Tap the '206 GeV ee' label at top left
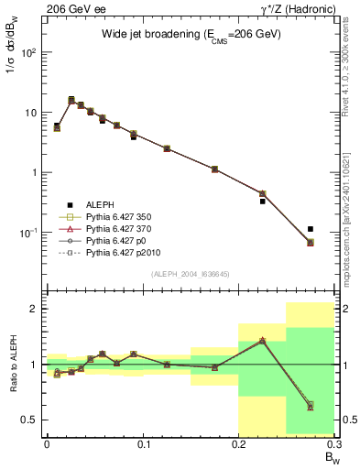(x=69, y=8)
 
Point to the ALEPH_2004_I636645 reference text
(x=191, y=274)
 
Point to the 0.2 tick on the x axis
(x=238, y=443)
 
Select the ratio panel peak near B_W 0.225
(x=262, y=340)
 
